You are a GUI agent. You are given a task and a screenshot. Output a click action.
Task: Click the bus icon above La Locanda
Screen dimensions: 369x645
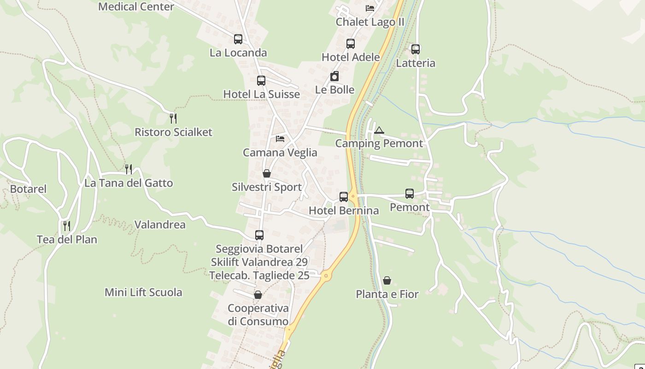point(238,39)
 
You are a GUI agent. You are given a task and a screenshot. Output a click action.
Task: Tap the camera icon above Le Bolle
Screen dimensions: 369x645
point(334,77)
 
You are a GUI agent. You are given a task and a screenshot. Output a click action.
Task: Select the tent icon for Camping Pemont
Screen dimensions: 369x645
point(379,130)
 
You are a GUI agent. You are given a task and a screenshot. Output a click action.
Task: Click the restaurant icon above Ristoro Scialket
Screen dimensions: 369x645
point(173,119)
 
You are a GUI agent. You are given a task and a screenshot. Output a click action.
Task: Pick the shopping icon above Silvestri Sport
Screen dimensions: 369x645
point(267,174)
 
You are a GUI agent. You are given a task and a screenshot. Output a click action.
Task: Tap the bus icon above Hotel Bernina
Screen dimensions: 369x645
point(344,197)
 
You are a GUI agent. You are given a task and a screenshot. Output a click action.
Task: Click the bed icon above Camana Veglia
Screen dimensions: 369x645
point(280,139)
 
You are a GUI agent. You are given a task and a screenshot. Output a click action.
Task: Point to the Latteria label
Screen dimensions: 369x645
point(416,63)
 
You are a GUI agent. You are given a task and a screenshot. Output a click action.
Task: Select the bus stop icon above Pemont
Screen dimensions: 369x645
point(410,194)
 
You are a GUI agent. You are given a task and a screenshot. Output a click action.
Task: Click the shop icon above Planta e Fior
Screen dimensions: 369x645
point(387,280)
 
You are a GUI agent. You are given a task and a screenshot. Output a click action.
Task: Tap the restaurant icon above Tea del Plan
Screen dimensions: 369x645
point(67,226)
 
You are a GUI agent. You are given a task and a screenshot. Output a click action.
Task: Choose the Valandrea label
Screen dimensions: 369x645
point(160,225)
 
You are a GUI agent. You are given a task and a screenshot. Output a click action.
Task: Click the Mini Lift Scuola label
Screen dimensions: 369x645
point(143,292)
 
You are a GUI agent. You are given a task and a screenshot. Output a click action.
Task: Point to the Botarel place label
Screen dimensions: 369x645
point(28,189)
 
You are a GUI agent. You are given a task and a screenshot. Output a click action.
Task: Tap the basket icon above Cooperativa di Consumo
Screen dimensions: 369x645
point(258,295)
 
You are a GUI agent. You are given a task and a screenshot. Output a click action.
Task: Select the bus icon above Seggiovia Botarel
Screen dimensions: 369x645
point(259,235)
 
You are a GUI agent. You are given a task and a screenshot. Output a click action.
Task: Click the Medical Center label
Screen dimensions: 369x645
point(136,6)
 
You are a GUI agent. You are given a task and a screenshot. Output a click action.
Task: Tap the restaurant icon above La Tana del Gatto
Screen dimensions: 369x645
point(129,169)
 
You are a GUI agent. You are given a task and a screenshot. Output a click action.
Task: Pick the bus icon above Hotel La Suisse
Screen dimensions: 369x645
point(261,81)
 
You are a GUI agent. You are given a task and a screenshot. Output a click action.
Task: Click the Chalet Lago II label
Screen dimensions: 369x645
point(370,22)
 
